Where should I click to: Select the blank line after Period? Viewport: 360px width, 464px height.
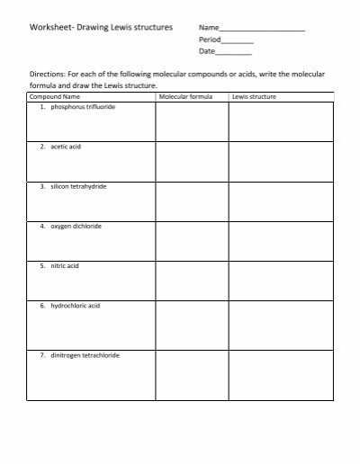(237, 41)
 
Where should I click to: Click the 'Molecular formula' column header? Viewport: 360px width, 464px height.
(185, 95)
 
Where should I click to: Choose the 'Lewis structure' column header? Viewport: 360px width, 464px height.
(254, 95)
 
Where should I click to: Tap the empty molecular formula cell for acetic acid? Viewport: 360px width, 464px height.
(191, 161)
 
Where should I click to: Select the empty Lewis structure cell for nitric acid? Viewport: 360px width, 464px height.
(280, 281)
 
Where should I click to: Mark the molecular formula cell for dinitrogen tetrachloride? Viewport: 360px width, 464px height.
(191, 374)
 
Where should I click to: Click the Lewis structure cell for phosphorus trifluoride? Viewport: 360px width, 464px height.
(280, 120)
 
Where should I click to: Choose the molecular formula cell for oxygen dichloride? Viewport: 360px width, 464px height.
(191, 241)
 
